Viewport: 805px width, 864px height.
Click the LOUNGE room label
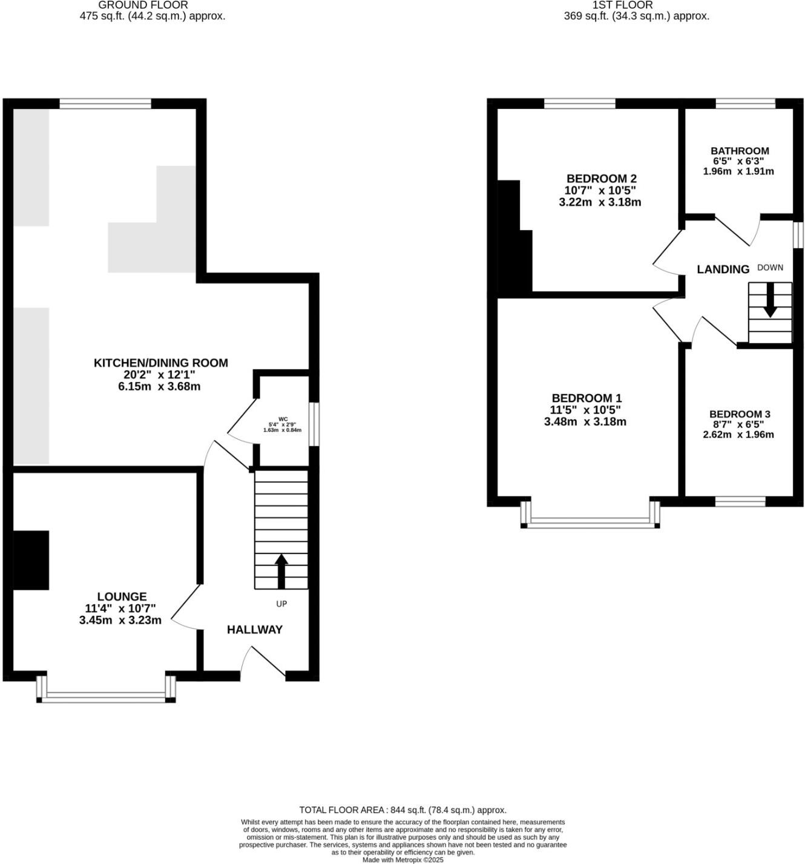point(122,596)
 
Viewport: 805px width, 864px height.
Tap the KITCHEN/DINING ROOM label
point(160,363)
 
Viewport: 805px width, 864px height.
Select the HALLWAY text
point(254,630)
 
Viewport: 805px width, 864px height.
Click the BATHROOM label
point(740,151)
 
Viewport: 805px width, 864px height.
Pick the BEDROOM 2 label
point(601,179)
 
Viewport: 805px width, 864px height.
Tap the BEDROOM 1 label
point(586,398)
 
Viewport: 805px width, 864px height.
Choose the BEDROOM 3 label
point(740,414)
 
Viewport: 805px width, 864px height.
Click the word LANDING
point(723,269)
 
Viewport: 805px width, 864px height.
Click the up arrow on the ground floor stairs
point(281,570)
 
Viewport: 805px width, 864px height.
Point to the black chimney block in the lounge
point(31,560)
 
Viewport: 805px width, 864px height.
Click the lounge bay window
point(106,697)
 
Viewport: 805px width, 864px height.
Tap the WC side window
point(314,424)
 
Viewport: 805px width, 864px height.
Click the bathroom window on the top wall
point(745,104)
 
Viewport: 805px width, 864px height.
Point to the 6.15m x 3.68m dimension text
point(159,386)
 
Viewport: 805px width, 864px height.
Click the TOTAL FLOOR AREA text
point(402,810)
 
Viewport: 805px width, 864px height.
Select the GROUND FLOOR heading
point(143,5)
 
